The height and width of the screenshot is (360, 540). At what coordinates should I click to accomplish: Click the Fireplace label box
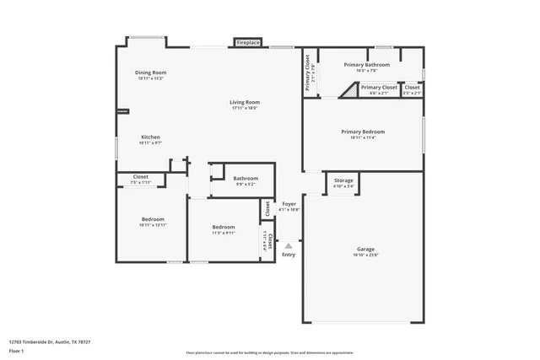pyautogui.click(x=248, y=42)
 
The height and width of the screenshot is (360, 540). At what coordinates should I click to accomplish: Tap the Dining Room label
pyautogui.click(x=150, y=73)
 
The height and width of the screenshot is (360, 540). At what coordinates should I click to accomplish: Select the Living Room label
pyautogui.click(x=244, y=103)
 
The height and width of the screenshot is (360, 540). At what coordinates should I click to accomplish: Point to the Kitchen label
pyautogui.click(x=150, y=137)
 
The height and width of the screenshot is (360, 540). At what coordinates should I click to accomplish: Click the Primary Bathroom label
pyautogui.click(x=366, y=65)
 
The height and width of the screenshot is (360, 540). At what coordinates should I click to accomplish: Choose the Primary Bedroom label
pyautogui.click(x=363, y=132)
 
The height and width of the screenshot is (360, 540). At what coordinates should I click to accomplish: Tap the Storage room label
pyautogui.click(x=343, y=180)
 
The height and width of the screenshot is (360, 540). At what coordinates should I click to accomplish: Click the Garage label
pyautogui.click(x=365, y=249)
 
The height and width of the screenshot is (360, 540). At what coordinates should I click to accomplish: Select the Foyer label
pyautogui.click(x=289, y=204)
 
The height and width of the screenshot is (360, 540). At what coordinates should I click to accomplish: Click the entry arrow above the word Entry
pyautogui.click(x=289, y=244)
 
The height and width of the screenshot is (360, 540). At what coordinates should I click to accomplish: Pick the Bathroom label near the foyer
pyautogui.click(x=246, y=178)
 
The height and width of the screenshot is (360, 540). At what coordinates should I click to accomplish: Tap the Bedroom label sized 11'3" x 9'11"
pyautogui.click(x=224, y=227)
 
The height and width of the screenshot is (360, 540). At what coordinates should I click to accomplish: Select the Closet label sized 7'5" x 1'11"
pyautogui.click(x=140, y=177)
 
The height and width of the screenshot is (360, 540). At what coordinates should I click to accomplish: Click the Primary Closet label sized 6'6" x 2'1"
pyautogui.click(x=378, y=87)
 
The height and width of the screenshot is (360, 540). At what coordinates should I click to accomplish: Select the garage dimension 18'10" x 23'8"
pyautogui.click(x=365, y=255)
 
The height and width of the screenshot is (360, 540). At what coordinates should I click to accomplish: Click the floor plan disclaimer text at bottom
pyautogui.click(x=269, y=352)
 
